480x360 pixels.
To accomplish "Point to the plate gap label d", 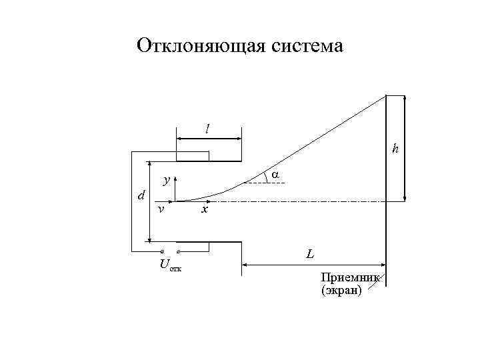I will click(x=140, y=195).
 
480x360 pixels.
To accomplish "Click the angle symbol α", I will click(x=274, y=175).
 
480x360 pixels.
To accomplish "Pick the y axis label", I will click(x=167, y=180).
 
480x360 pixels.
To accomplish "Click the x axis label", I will click(x=205, y=210).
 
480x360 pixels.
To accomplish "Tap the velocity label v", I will click(x=161, y=209).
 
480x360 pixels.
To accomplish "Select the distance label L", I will click(x=310, y=254).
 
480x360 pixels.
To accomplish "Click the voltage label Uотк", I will click(x=170, y=265).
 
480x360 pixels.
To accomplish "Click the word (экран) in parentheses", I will click(x=341, y=290).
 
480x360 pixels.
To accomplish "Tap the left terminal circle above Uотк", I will click(x=162, y=251).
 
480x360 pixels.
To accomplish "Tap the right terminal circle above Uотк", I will click(x=178, y=251).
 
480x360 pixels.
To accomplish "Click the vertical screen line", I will click(x=386, y=220).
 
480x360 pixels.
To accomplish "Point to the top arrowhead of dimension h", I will click(x=405, y=99).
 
